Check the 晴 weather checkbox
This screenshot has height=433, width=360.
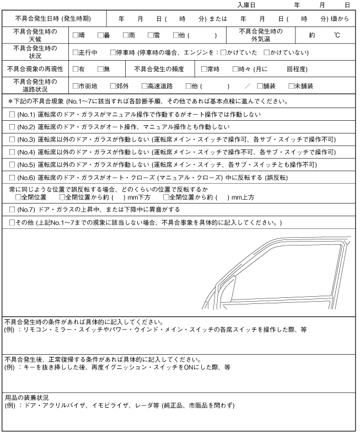(76, 35)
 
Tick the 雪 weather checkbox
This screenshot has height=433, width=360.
(149, 35)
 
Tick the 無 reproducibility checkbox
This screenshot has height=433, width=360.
(100, 70)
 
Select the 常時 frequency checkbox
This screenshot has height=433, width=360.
(204, 70)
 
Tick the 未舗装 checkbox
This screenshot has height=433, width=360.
(291, 87)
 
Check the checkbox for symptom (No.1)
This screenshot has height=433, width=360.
(12, 115)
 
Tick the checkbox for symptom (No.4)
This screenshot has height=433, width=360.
(12, 152)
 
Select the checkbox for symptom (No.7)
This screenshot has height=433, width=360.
(12, 210)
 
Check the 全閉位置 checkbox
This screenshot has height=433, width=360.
(18, 197)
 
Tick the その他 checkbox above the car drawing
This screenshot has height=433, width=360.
(12, 222)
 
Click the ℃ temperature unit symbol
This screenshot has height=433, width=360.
(336, 35)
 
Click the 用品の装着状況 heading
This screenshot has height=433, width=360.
(27, 397)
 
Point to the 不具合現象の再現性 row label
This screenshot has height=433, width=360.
(35, 70)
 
